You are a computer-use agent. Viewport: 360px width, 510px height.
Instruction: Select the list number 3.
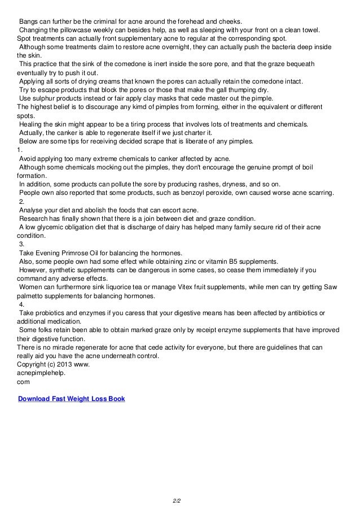coord(21,244)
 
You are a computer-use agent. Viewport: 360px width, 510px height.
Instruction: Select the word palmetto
coord(33,295)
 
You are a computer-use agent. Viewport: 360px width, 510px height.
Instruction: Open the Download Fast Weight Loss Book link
coord(72,399)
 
